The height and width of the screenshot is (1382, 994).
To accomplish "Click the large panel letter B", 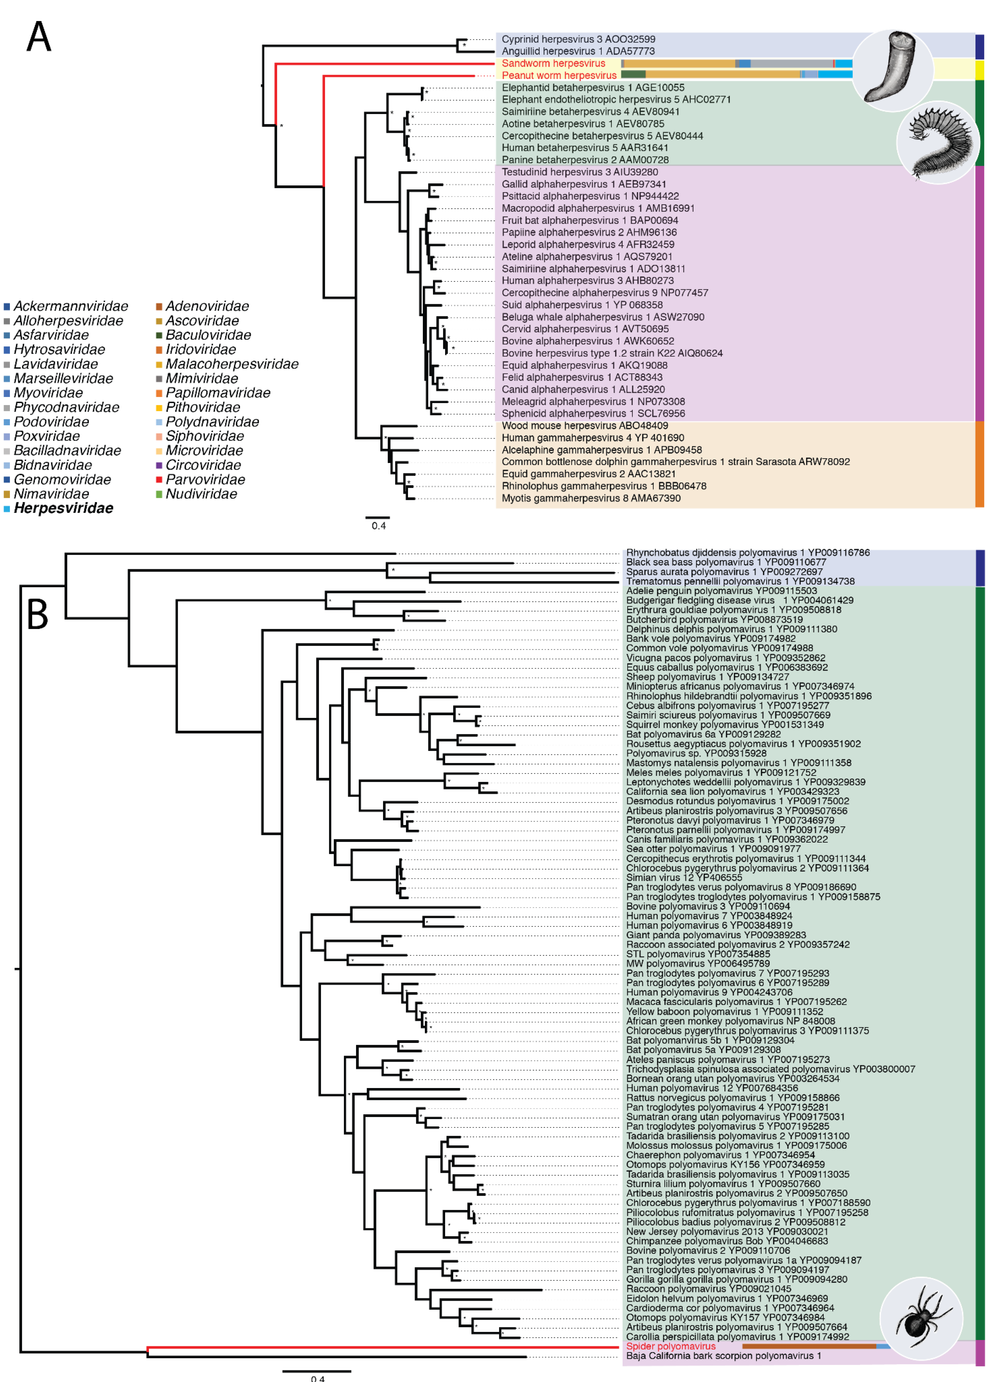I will coord(38,614).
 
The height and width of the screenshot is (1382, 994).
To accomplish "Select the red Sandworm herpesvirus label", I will coord(553,63).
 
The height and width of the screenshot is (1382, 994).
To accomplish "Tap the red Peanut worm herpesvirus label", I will coord(559,76).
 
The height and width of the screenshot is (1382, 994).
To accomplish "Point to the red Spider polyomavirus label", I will coord(671,1346).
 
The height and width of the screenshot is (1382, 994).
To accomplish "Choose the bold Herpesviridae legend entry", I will coord(63,508).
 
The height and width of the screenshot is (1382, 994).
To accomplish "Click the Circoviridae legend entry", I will coord(203,465).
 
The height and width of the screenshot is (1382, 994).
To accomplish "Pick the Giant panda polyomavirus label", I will coord(715,935).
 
